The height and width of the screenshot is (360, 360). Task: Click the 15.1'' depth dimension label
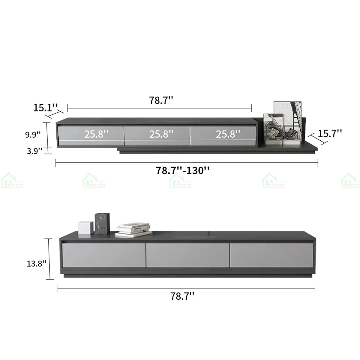click(45, 108)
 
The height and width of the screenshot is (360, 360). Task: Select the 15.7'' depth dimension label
click(330, 133)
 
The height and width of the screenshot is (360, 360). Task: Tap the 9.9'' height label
click(33, 134)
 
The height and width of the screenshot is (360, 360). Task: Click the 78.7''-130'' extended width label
click(182, 170)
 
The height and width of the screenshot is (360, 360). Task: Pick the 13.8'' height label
click(36, 263)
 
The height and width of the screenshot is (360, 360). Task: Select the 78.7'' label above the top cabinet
click(161, 100)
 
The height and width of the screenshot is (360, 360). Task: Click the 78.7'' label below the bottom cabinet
click(182, 296)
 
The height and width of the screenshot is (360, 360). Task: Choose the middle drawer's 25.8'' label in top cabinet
click(161, 134)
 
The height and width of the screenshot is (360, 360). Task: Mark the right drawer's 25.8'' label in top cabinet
click(228, 134)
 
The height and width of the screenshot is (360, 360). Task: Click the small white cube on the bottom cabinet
click(86, 228)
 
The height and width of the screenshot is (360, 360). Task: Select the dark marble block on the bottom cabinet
click(102, 223)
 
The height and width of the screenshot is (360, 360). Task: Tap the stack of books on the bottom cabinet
click(133, 229)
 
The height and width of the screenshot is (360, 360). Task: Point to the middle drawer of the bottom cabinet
click(187, 255)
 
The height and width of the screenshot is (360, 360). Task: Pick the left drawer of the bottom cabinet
click(103, 255)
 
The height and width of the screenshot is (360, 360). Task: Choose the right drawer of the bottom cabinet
click(271, 255)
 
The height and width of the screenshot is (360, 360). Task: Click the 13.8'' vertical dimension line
click(49, 259)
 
